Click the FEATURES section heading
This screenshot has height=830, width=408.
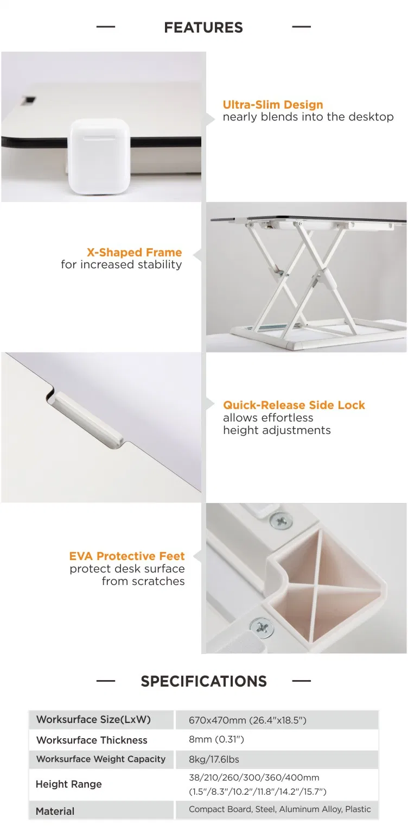point(203,27)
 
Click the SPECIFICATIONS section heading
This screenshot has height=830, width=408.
point(203,681)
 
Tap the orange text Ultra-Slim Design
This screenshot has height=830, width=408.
point(273,105)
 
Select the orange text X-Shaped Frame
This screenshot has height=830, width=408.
point(134,253)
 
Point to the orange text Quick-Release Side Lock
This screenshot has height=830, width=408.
point(294,405)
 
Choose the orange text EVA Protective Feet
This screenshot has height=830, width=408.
point(127,556)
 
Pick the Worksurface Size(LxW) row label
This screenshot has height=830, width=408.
point(93,720)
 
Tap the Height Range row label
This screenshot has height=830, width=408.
point(68,784)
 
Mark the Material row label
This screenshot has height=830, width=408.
point(55,811)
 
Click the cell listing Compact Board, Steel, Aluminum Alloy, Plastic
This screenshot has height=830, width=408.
point(279,809)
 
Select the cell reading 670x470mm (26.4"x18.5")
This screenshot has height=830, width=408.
point(247,720)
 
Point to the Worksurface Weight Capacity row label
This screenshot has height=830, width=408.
point(100,759)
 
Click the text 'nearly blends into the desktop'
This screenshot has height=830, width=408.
point(308,117)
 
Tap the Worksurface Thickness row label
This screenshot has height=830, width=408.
point(92,740)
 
